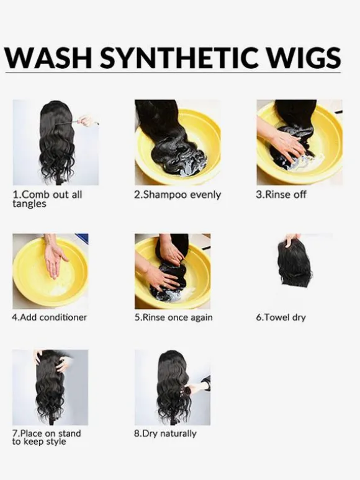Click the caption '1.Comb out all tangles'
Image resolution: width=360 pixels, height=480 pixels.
[x=47, y=199]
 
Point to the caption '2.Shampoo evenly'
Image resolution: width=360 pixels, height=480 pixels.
[x=178, y=195]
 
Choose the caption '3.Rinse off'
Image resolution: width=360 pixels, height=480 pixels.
[x=281, y=194]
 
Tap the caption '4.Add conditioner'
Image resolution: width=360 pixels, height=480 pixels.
[x=49, y=317]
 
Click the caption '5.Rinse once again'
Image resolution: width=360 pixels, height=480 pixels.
[x=173, y=317]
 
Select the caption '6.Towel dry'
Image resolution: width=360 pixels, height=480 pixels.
[x=281, y=318]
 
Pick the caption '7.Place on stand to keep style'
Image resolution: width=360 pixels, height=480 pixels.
[x=47, y=437]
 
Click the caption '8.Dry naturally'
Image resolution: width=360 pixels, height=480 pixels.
[x=165, y=433]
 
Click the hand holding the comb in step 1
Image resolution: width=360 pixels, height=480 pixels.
[x=86, y=120]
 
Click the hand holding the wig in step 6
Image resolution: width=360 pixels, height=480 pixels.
[x=291, y=240]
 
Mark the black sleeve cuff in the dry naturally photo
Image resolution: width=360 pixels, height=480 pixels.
[x=206, y=383]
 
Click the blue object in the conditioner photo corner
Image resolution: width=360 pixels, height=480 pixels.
[x=83, y=238]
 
